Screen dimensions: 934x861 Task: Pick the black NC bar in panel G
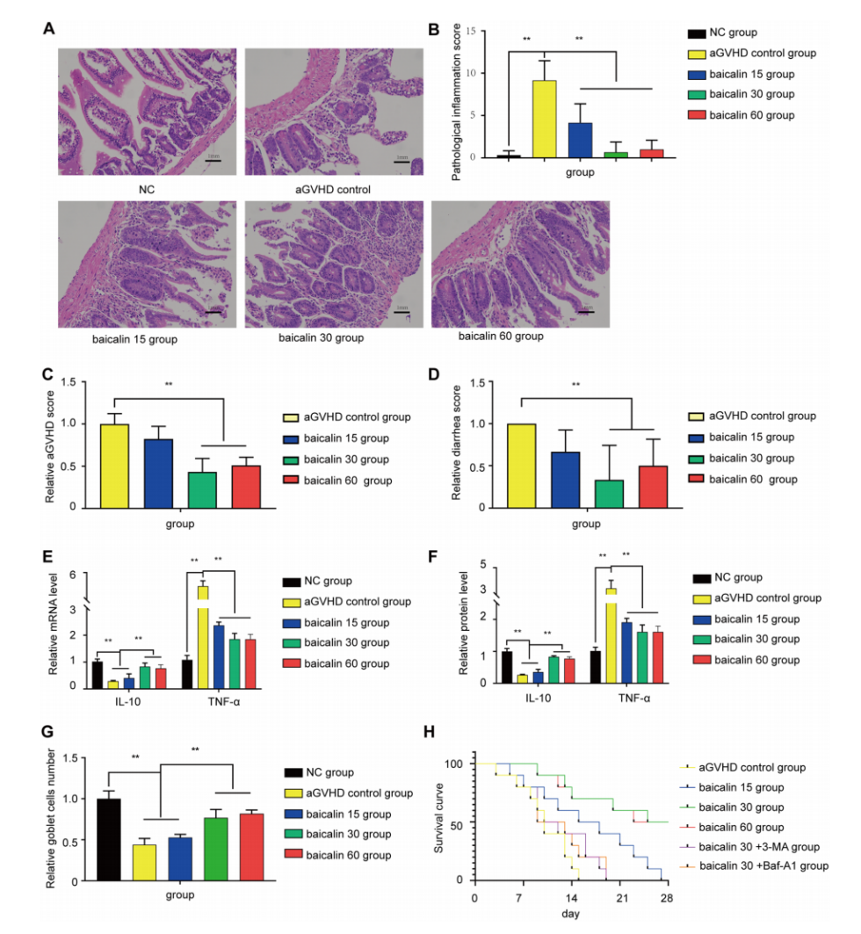[x=109, y=838]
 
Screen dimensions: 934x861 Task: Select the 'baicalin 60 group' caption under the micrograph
[x=500, y=336]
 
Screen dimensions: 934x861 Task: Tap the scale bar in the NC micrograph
[x=213, y=162]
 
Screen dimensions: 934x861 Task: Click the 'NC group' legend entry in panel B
[x=743, y=33]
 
